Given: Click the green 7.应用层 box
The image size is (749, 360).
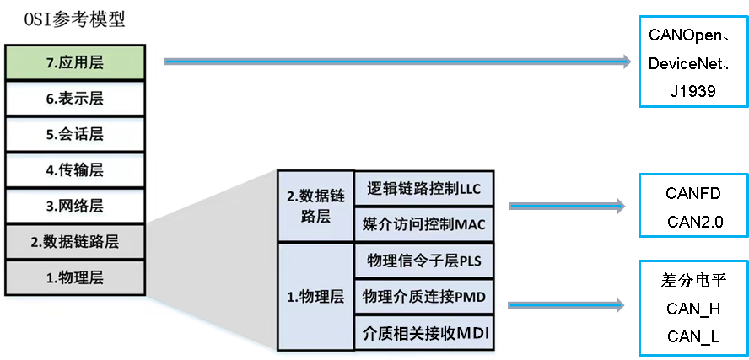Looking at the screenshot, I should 74,62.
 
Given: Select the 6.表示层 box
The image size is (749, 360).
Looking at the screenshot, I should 74,98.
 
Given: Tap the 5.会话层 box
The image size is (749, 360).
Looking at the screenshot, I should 74,134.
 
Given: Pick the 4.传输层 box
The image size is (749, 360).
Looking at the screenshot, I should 74,169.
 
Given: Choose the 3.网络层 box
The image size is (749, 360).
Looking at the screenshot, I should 74,206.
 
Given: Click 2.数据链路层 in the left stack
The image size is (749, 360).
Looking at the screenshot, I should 74,242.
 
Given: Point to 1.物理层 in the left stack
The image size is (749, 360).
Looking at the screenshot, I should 74,277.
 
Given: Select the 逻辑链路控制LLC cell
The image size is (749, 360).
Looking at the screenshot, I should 423,189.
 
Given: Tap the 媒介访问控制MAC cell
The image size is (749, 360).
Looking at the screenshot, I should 423,225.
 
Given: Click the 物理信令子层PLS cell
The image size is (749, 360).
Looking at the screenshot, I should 423,261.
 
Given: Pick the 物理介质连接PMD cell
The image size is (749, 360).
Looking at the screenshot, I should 423,297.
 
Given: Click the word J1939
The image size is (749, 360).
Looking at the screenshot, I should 692,91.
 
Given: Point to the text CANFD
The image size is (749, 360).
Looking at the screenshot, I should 692,195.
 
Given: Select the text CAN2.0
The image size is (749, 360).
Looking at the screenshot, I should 692,223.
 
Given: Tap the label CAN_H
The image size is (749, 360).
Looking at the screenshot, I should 692,309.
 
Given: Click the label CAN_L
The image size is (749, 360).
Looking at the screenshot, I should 692,336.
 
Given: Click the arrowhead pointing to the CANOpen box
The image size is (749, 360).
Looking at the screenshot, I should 625,61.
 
